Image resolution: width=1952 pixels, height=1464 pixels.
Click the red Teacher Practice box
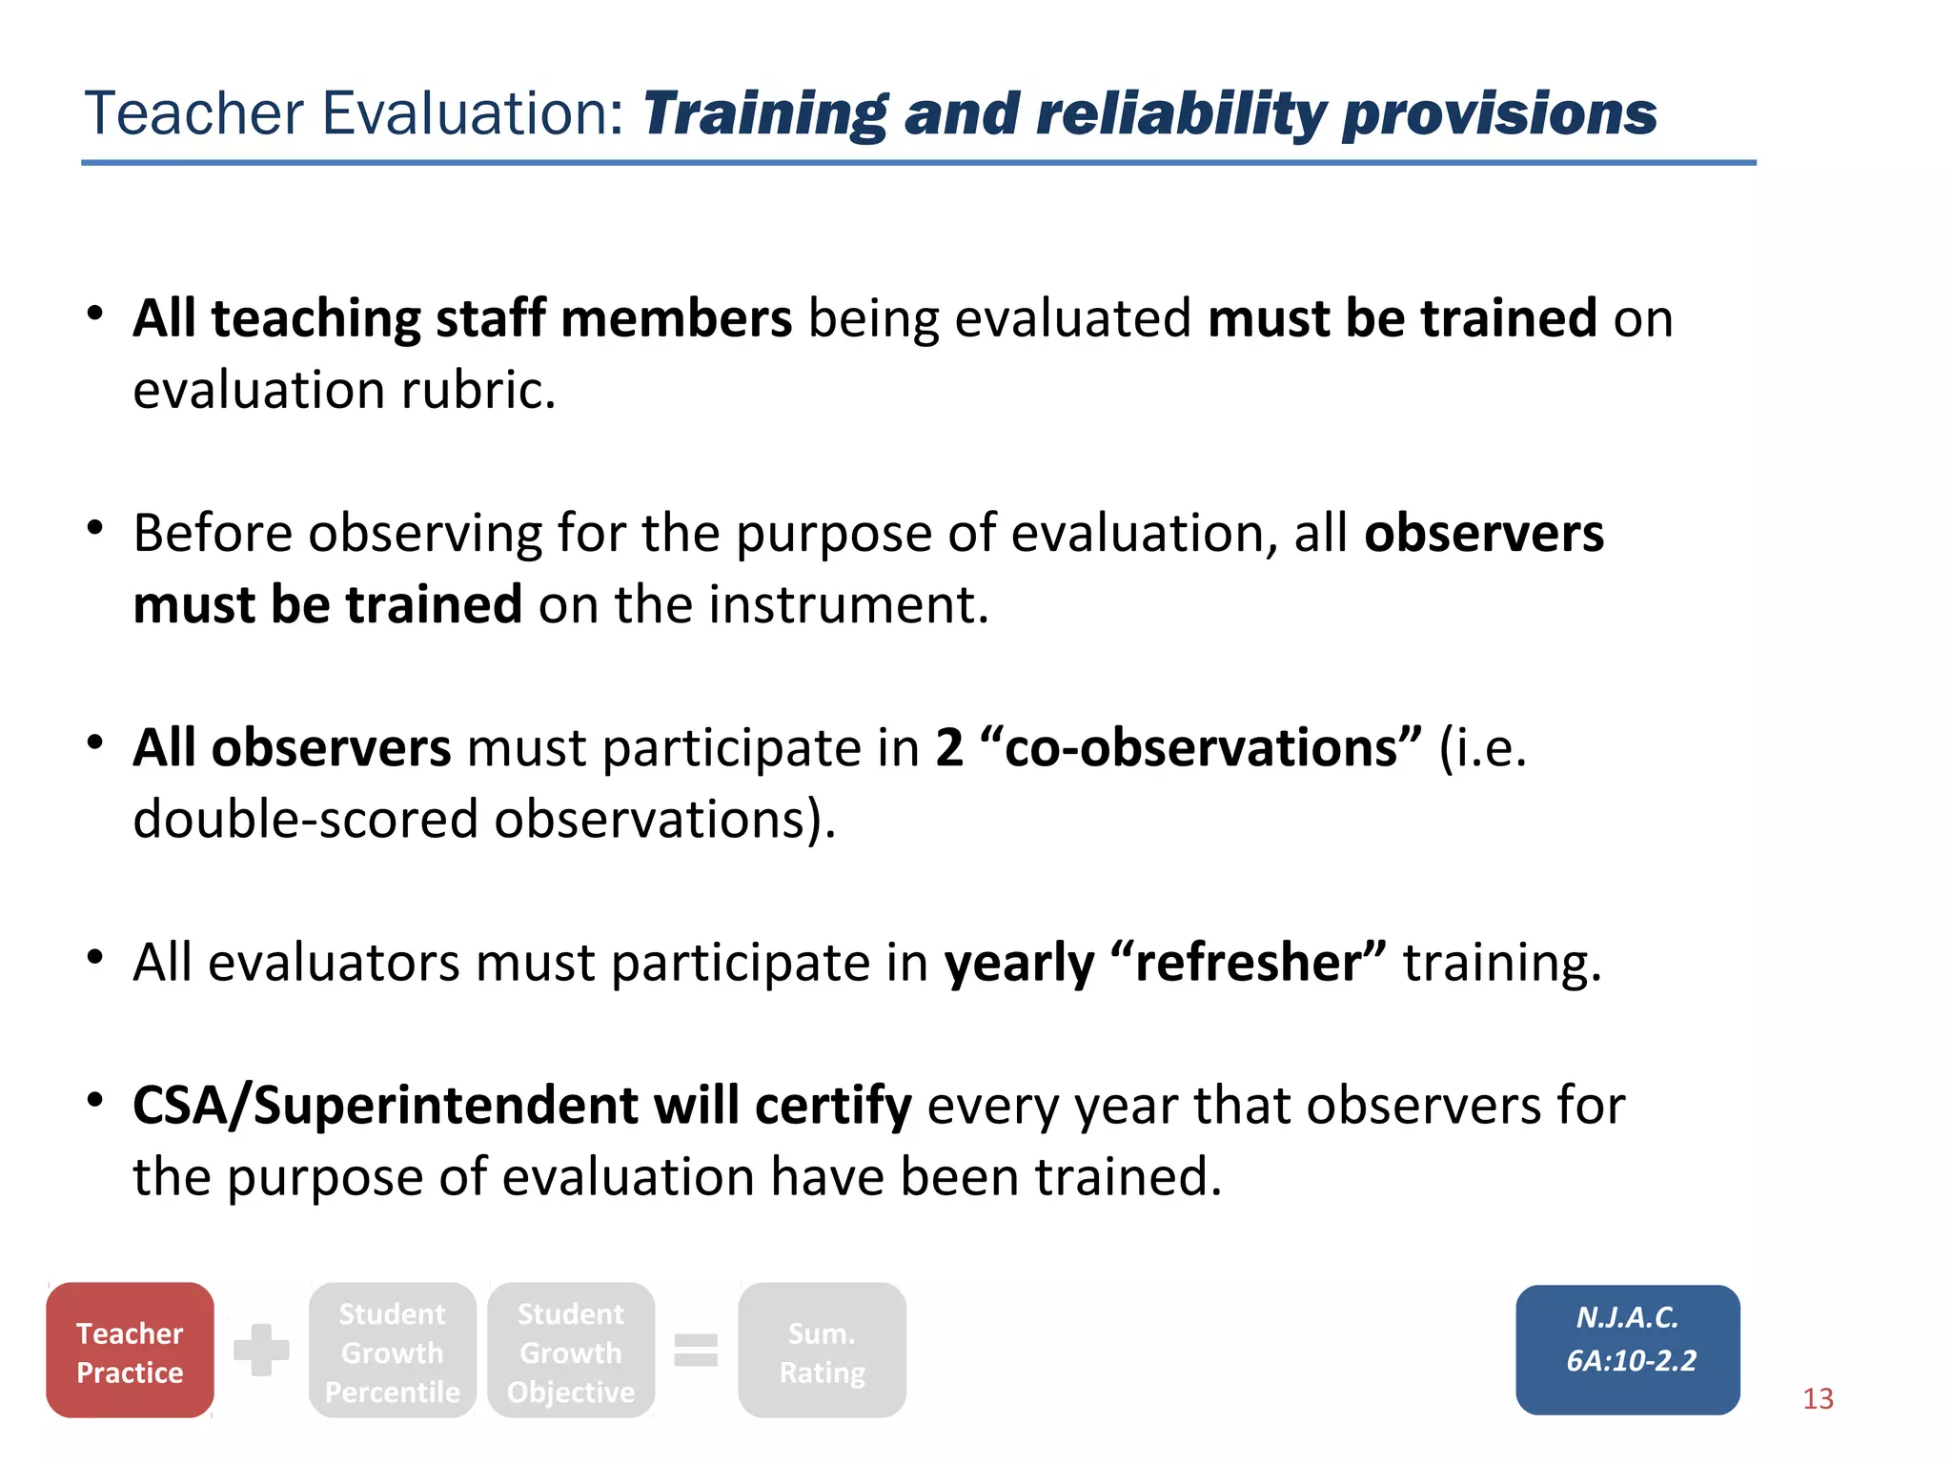(x=130, y=1351)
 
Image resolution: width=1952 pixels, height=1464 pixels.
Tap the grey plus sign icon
(x=261, y=1350)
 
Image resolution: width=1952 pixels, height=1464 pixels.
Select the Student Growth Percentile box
(x=392, y=1351)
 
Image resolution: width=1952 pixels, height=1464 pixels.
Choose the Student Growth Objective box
(x=571, y=1351)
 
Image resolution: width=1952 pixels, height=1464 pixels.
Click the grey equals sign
(x=696, y=1351)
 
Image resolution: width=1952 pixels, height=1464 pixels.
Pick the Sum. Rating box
(x=822, y=1351)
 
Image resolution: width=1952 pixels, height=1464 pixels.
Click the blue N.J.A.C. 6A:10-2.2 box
(x=1628, y=1350)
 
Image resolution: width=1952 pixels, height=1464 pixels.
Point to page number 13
(x=1818, y=1398)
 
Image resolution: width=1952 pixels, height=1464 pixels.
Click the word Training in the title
(x=764, y=115)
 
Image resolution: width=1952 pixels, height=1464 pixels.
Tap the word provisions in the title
(x=1499, y=115)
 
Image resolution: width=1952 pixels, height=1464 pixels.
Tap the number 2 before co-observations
(x=949, y=747)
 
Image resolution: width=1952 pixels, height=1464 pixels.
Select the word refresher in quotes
(x=1249, y=962)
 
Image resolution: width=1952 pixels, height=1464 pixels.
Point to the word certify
(x=833, y=1106)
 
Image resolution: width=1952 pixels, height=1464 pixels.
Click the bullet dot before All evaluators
(x=94, y=956)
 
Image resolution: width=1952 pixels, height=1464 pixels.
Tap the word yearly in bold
(x=1019, y=964)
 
